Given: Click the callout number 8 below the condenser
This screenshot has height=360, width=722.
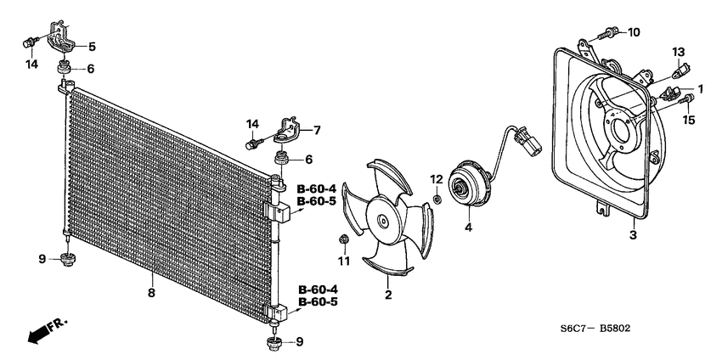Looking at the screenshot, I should [151, 293].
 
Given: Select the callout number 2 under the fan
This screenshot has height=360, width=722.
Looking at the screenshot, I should [388, 295].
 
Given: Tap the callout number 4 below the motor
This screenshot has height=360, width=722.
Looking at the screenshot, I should [467, 228].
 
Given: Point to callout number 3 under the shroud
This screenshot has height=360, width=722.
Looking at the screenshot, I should [632, 235].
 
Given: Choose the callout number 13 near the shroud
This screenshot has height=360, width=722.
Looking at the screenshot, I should [679, 53].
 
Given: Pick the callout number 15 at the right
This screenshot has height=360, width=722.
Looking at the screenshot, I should [689, 120].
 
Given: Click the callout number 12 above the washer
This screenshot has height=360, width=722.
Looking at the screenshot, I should [435, 179].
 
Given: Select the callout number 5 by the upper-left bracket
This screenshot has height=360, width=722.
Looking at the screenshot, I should [92, 46].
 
